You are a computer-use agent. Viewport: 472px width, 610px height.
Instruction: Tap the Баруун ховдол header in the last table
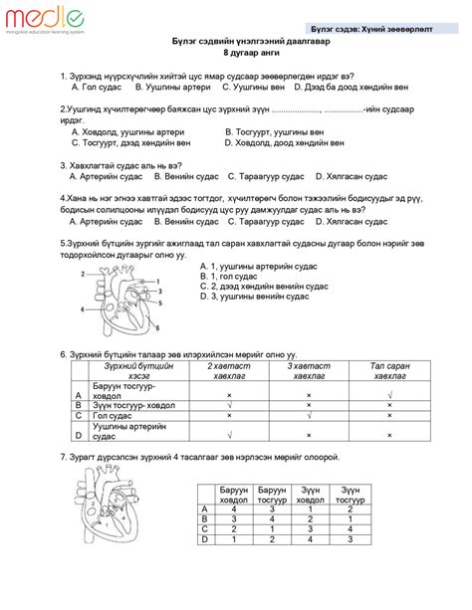coord(234,495)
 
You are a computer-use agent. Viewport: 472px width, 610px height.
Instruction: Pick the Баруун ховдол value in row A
coord(234,509)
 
